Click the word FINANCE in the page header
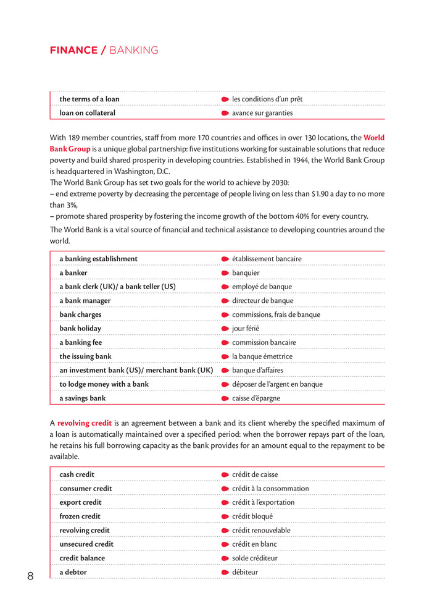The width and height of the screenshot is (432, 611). click(73, 51)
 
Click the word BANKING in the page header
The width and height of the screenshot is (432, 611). click(133, 51)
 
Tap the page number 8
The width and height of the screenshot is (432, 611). click(30, 576)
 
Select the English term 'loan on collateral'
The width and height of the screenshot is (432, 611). click(87, 113)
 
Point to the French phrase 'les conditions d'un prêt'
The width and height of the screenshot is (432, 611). click(267, 99)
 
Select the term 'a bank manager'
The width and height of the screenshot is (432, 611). click(85, 301)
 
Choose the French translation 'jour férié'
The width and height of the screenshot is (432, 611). click(246, 329)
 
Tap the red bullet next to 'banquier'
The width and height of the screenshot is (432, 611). click(225, 273)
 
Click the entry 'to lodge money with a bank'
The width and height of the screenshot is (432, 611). click(104, 384)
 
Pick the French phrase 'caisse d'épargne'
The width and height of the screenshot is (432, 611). click(256, 398)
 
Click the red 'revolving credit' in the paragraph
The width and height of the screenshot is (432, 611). click(85, 423)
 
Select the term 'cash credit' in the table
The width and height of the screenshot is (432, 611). click(77, 474)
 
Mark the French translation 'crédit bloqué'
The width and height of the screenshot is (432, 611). click(252, 516)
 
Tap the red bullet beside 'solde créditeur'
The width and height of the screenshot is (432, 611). click(225, 558)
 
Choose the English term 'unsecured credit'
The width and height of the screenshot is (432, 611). click(86, 544)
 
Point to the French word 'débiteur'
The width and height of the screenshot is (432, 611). click(246, 572)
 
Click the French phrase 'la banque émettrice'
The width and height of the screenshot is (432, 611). click(262, 356)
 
